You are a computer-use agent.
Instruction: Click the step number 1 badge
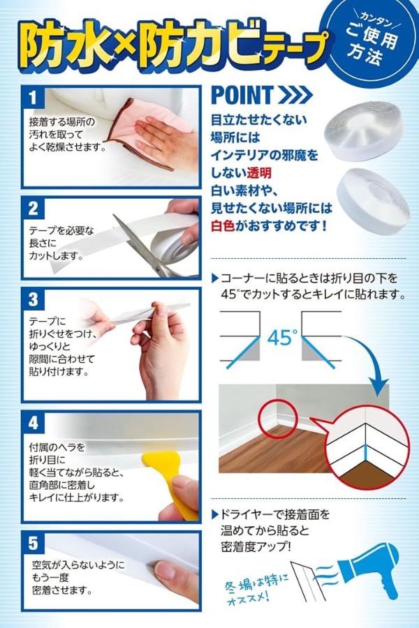34,98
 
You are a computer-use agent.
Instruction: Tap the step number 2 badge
34,208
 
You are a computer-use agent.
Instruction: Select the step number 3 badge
34,299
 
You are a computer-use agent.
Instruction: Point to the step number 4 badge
34,423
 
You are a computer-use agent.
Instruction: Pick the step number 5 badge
34,544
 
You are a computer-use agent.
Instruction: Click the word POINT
242,95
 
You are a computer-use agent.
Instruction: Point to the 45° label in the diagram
283,338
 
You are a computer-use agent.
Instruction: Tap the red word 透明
259,172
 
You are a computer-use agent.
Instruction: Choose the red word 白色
223,226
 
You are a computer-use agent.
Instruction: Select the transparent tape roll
363,131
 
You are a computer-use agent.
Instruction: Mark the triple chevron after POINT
295,96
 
